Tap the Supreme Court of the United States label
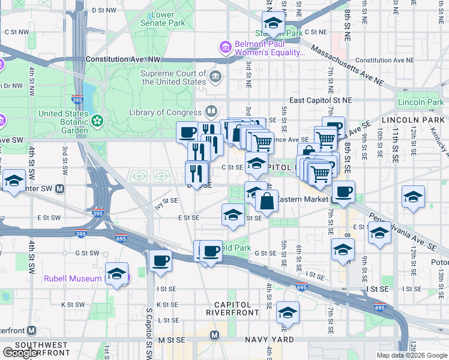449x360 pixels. (x=173, y=77)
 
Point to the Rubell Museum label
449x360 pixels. (x=73, y=278)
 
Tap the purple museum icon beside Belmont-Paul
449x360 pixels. (x=225, y=47)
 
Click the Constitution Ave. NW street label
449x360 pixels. (x=124, y=60)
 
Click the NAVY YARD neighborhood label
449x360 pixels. (x=270, y=340)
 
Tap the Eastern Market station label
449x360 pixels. (x=303, y=199)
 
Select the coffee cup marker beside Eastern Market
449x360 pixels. (x=343, y=192)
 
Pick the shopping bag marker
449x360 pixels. (x=267, y=200)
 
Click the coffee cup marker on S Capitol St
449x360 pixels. (x=160, y=260)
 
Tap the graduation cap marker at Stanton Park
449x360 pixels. (x=274, y=24)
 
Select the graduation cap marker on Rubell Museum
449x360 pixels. (x=116, y=274)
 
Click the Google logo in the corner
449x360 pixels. (x=20, y=353)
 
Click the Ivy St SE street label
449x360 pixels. (x=166, y=200)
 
